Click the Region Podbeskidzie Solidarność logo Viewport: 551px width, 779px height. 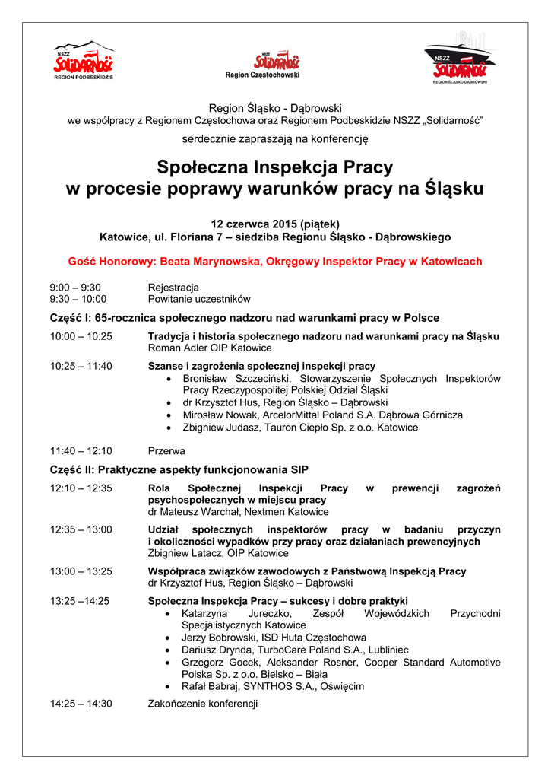coord(84,61)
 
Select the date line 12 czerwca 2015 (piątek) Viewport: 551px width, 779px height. coord(275,224)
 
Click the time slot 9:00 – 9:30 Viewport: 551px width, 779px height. coord(75,287)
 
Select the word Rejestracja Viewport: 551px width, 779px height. coord(173,287)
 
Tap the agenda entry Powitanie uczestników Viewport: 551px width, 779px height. coord(198,299)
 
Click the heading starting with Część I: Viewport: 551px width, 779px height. coord(245,317)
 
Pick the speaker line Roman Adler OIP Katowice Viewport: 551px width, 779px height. coord(209,348)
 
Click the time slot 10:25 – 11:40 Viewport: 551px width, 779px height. coord(81,366)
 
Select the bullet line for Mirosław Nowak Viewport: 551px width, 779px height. coord(322,415)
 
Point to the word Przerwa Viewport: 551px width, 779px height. coord(166,450)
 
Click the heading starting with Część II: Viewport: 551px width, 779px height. coord(179,469)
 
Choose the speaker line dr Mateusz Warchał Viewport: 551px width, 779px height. coord(238,512)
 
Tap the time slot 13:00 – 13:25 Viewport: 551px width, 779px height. coord(81,571)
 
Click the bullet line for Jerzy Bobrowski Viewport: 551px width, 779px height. coord(274,637)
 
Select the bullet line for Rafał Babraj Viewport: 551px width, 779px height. coord(273,685)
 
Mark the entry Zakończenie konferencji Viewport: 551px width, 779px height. coord(202,704)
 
